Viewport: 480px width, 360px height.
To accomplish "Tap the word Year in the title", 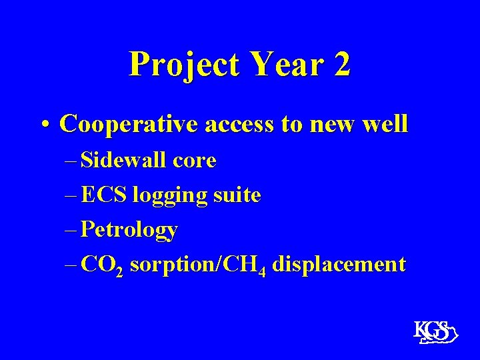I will pos(275,65).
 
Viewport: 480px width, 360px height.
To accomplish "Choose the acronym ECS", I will pos(105,195).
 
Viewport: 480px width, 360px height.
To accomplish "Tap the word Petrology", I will pos(129,231).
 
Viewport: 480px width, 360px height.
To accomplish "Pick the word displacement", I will pos(339,265).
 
